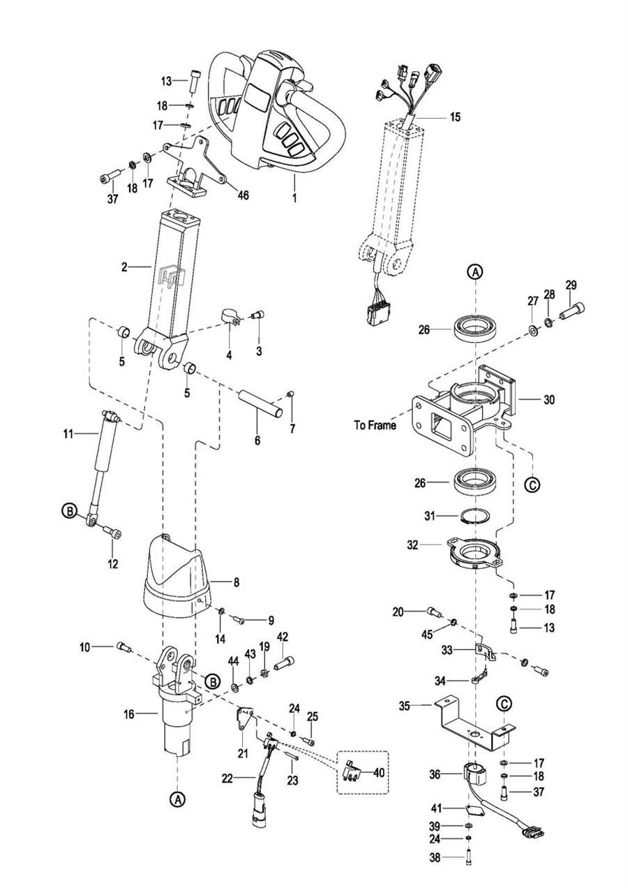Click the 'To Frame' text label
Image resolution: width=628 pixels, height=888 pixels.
(375, 426)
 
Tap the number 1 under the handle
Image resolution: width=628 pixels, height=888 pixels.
(294, 198)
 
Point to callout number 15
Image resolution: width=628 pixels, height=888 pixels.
(455, 117)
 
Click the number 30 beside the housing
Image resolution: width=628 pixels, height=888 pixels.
(548, 400)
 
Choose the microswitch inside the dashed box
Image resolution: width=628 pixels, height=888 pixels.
(352, 772)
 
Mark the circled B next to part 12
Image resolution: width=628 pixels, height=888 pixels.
(69, 512)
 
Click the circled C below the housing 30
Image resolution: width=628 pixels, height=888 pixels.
(533, 484)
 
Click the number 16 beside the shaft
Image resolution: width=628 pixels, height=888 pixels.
(130, 714)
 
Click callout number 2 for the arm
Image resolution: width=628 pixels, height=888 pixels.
(124, 267)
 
